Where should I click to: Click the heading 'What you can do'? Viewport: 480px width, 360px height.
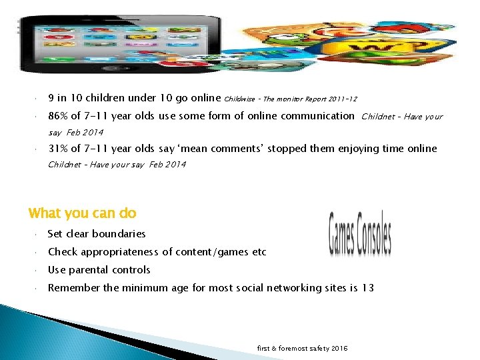82,213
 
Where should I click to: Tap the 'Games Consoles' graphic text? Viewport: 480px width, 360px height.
360,234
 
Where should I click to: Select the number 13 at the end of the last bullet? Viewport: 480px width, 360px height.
368,288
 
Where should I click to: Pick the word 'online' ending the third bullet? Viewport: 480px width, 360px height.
421,149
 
